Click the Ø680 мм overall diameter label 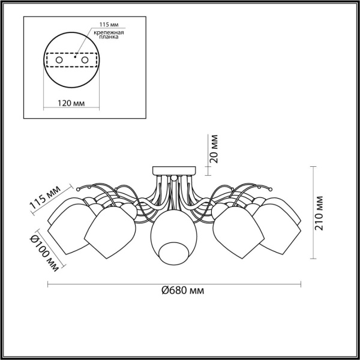182,291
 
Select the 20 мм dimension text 217,149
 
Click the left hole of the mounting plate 59,60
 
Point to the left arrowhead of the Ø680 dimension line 50,283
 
